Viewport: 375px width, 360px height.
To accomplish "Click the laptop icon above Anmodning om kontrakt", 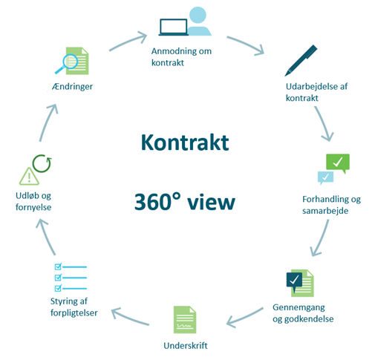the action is pyautogui.click(x=173, y=27).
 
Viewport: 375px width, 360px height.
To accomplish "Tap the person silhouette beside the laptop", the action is pyautogui.click(x=199, y=22).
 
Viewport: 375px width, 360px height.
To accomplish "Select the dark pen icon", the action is pyautogui.click(x=301, y=60).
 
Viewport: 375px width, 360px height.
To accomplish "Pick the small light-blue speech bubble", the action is pyautogui.click(x=325, y=177).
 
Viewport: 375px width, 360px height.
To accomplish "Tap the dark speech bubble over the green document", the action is pyautogui.click(x=294, y=281).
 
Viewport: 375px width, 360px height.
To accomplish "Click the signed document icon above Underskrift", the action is pyautogui.click(x=185, y=320).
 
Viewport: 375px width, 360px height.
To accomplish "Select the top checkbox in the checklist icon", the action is pyautogui.click(x=58, y=266).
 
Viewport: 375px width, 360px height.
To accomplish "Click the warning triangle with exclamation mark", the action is pyautogui.click(x=29, y=177).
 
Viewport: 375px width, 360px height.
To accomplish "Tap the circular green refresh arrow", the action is pyautogui.click(x=42, y=163).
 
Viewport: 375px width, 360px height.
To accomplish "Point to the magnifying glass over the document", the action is pyautogui.click(x=67, y=64).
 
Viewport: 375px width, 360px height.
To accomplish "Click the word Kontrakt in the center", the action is pyautogui.click(x=185, y=143).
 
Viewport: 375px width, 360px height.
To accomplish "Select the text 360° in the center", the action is pyautogui.click(x=157, y=201).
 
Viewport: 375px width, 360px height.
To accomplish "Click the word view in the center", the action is pyautogui.click(x=211, y=202).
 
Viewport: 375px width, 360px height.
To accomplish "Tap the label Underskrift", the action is pyautogui.click(x=186, y=346).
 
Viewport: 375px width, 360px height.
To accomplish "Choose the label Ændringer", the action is pyautogui.click(x=72, y=86).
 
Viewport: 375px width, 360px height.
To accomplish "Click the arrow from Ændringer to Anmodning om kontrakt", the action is pyautogui.click(x=128, y=42).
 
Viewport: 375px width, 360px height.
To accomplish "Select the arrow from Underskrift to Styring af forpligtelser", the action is pyautogui.click(x=130, y=316).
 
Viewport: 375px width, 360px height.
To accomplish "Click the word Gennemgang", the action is pyautogui.click(x=299, y=307).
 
